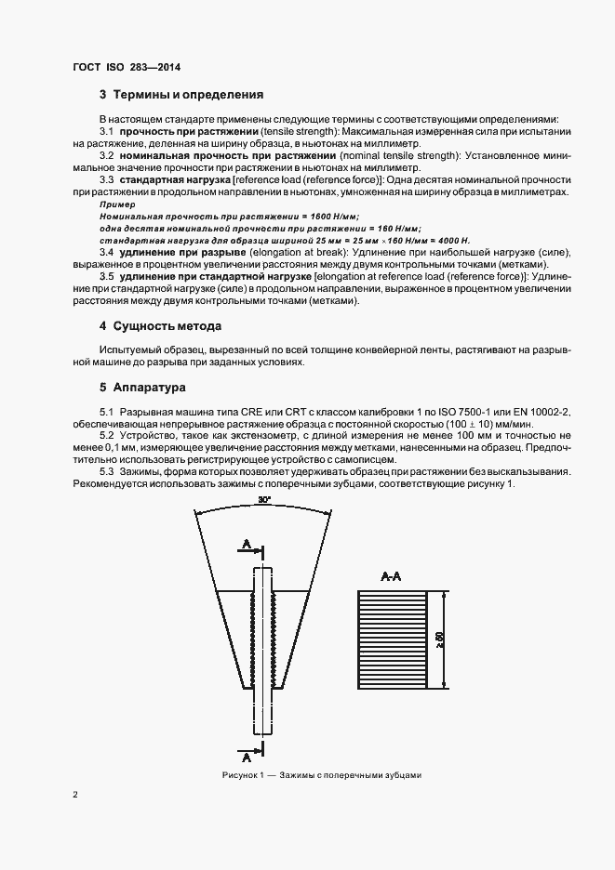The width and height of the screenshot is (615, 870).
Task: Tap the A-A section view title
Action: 391,577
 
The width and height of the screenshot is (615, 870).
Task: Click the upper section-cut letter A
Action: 245,543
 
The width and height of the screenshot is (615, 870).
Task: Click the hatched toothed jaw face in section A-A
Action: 390,640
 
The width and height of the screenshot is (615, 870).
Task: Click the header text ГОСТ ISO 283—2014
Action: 126,68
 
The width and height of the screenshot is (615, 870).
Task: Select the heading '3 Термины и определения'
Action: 181,95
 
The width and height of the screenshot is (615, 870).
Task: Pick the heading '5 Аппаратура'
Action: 143,386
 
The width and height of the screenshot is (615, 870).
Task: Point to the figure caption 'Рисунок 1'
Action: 245,775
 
